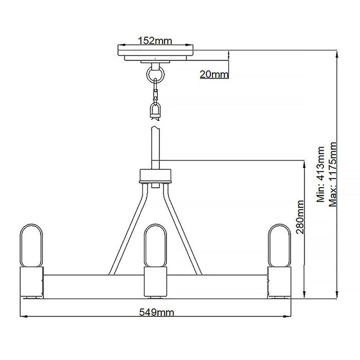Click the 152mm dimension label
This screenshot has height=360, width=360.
click(x=156, y=41)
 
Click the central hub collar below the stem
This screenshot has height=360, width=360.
click(x=155, y=176)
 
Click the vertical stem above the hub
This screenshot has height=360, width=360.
click(x=156, y=147)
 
